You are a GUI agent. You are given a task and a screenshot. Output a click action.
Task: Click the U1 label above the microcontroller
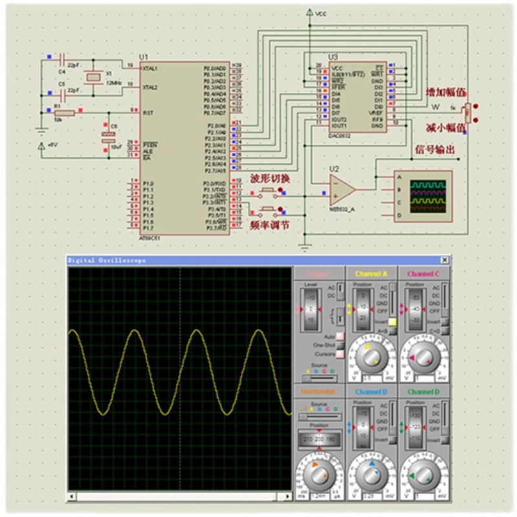pyautogui.click(x=143, y=57)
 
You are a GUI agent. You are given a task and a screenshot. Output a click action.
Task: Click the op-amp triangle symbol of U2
pyautogui.click(x=343, y=189)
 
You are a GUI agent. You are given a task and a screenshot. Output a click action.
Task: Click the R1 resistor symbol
pyautogui.click(x=65, y=112)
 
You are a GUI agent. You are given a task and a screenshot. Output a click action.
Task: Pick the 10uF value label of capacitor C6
pyautogui.click(x=116, y=147)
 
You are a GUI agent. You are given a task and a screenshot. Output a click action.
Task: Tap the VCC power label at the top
pyautogui.click(x=321, y=13)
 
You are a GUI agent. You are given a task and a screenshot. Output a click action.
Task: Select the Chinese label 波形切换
pyautogui.click(x=269, y=178)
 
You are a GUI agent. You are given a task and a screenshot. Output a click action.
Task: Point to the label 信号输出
pyautogui.click(x=434, y=150)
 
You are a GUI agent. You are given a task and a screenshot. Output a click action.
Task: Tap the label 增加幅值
pyautogui.click(x=446, y=93)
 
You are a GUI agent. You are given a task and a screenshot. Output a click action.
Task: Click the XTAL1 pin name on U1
pyautogui.click(x=150, y=67)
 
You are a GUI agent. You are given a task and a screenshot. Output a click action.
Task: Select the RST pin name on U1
pyautogui.click(x=148, y=112)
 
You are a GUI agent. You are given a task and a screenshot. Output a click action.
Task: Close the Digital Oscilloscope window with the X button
pyautogui.click(x=444, y=260)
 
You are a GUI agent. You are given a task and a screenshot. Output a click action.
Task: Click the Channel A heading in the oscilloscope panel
pyautogui.click(x=371, y=274)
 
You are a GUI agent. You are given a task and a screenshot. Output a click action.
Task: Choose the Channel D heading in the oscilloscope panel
pyautogui.click(x=423, y=392)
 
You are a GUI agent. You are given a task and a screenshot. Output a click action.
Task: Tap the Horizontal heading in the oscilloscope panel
pyautogui.click(x=318, y=392)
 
